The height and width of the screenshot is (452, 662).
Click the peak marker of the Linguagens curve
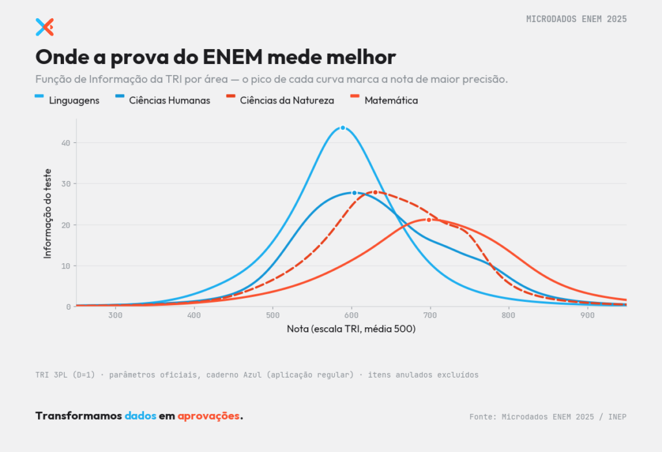tap(343, 128)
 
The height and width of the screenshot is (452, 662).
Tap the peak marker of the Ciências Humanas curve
tap(354, 193)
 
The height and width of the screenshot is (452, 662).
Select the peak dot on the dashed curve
tap(376, 193)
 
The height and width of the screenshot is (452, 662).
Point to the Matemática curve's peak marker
tap(429, 220)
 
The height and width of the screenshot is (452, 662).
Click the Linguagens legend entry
tap(67, 100)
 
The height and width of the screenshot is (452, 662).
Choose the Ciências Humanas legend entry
tap(162, 100)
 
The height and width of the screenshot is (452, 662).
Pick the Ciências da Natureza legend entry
tap(280, 100)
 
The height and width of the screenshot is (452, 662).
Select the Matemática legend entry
tap(384, 100)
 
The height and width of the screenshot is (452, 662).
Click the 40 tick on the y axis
tap(66, 143)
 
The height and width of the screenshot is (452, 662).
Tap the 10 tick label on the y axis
tap(66, 266)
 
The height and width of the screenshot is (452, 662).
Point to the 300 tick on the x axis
tap(115, 316)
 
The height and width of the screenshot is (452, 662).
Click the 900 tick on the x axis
tap(587, 316)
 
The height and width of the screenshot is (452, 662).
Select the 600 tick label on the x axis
tap(351, 316)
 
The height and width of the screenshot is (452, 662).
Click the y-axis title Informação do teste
tap(47, 214)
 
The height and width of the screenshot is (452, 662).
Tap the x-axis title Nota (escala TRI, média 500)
tap(351, 328)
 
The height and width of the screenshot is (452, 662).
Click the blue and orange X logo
tap(45, 27)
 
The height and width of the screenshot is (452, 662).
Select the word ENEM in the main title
tap(233, 57)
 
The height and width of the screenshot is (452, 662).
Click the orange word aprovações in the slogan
tap(209, 416)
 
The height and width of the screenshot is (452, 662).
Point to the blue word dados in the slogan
tap(140, 416)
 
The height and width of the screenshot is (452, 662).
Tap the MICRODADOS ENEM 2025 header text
tap(576, 19)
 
